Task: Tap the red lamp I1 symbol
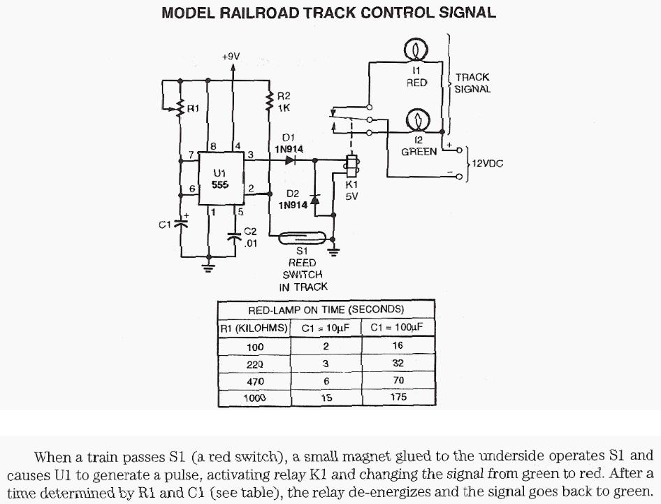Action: tap(417, 50)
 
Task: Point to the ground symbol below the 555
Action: tap(208, 266)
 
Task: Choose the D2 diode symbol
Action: tap(314, 199)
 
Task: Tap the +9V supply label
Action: tap(231, 56)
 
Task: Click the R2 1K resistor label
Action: tap(284, 102)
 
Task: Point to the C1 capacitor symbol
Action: tap(182, 224)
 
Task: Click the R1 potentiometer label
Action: tap(194, 108)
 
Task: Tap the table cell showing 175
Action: tap(398, 398)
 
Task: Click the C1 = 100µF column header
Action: tap(398, 327)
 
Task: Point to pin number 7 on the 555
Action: tap(191, 155)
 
